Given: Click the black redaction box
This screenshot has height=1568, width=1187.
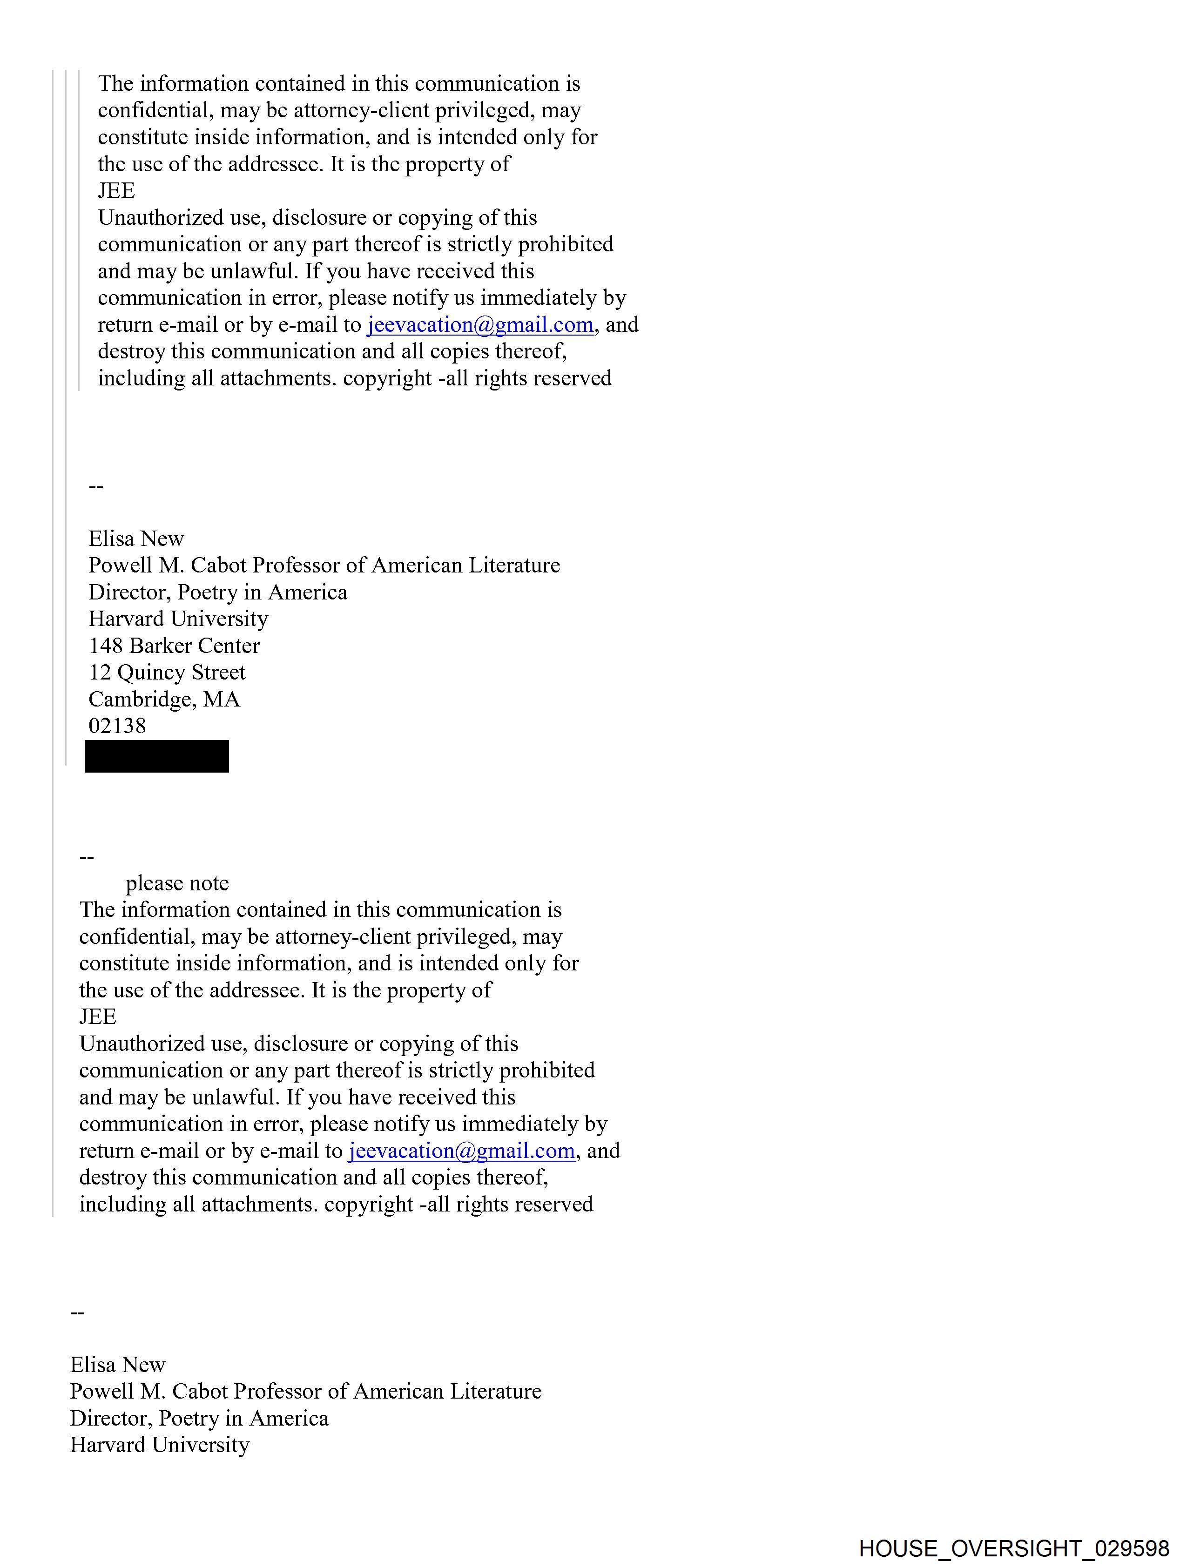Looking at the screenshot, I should pyautogui.click(x=157, y=756).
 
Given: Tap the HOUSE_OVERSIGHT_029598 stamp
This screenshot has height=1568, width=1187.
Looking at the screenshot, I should pyautogui.click(x=1014, y=1548).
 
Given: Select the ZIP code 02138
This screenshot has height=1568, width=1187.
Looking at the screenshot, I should pyautogui.click(x=117, y=726).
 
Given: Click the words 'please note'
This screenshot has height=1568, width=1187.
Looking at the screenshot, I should pyautogui.click(x=177, y=883).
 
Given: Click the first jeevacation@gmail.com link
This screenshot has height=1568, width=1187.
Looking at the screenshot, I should pyautogui.click(x=480, y=325).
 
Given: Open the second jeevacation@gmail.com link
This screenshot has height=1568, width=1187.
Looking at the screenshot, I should pyautogui.click(x=462, y=1151).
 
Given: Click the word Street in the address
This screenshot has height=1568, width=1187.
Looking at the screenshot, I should pyautogui.click(x=218, y=672).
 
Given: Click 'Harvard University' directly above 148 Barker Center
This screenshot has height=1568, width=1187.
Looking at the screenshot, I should pyautogui.click(x=178, y=619).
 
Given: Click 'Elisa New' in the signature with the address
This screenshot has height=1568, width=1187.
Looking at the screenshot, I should pyautogui.click(x=136, y=539).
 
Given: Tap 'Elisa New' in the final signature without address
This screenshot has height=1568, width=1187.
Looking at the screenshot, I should pyautogui.click(x=118, y=1365).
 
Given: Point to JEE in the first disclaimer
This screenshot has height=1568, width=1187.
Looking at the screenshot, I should pyautogui.click(x=116, y=191).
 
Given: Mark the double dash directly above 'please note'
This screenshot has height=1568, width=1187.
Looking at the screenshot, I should pyautogui.click(x=87, y=858).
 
